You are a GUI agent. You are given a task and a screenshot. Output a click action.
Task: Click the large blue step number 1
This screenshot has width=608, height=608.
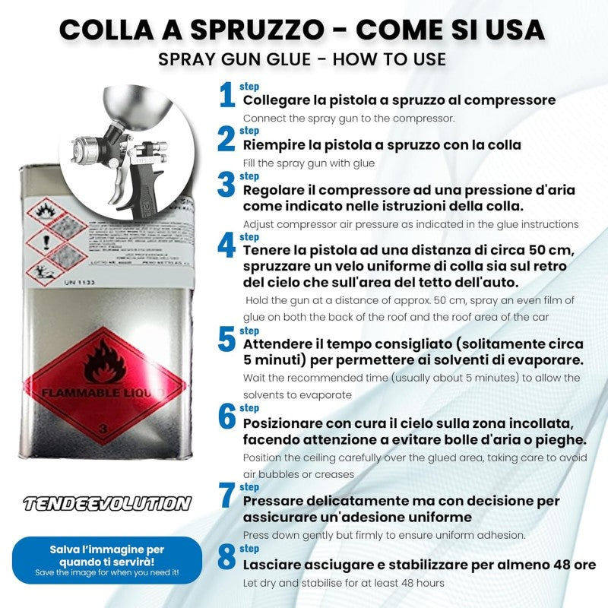pos(226,97)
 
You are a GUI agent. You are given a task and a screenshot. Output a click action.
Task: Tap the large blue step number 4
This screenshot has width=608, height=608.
pos(226,245)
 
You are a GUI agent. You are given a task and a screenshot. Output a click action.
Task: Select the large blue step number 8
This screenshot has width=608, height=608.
pos(226,558)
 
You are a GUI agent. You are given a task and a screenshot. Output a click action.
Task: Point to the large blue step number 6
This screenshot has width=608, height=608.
pos(226,416)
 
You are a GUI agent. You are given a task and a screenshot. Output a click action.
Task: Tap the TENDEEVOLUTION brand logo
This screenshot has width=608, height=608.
pos(106,503)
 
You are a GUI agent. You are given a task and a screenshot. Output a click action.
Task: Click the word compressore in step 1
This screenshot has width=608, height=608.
pos(510,100)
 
